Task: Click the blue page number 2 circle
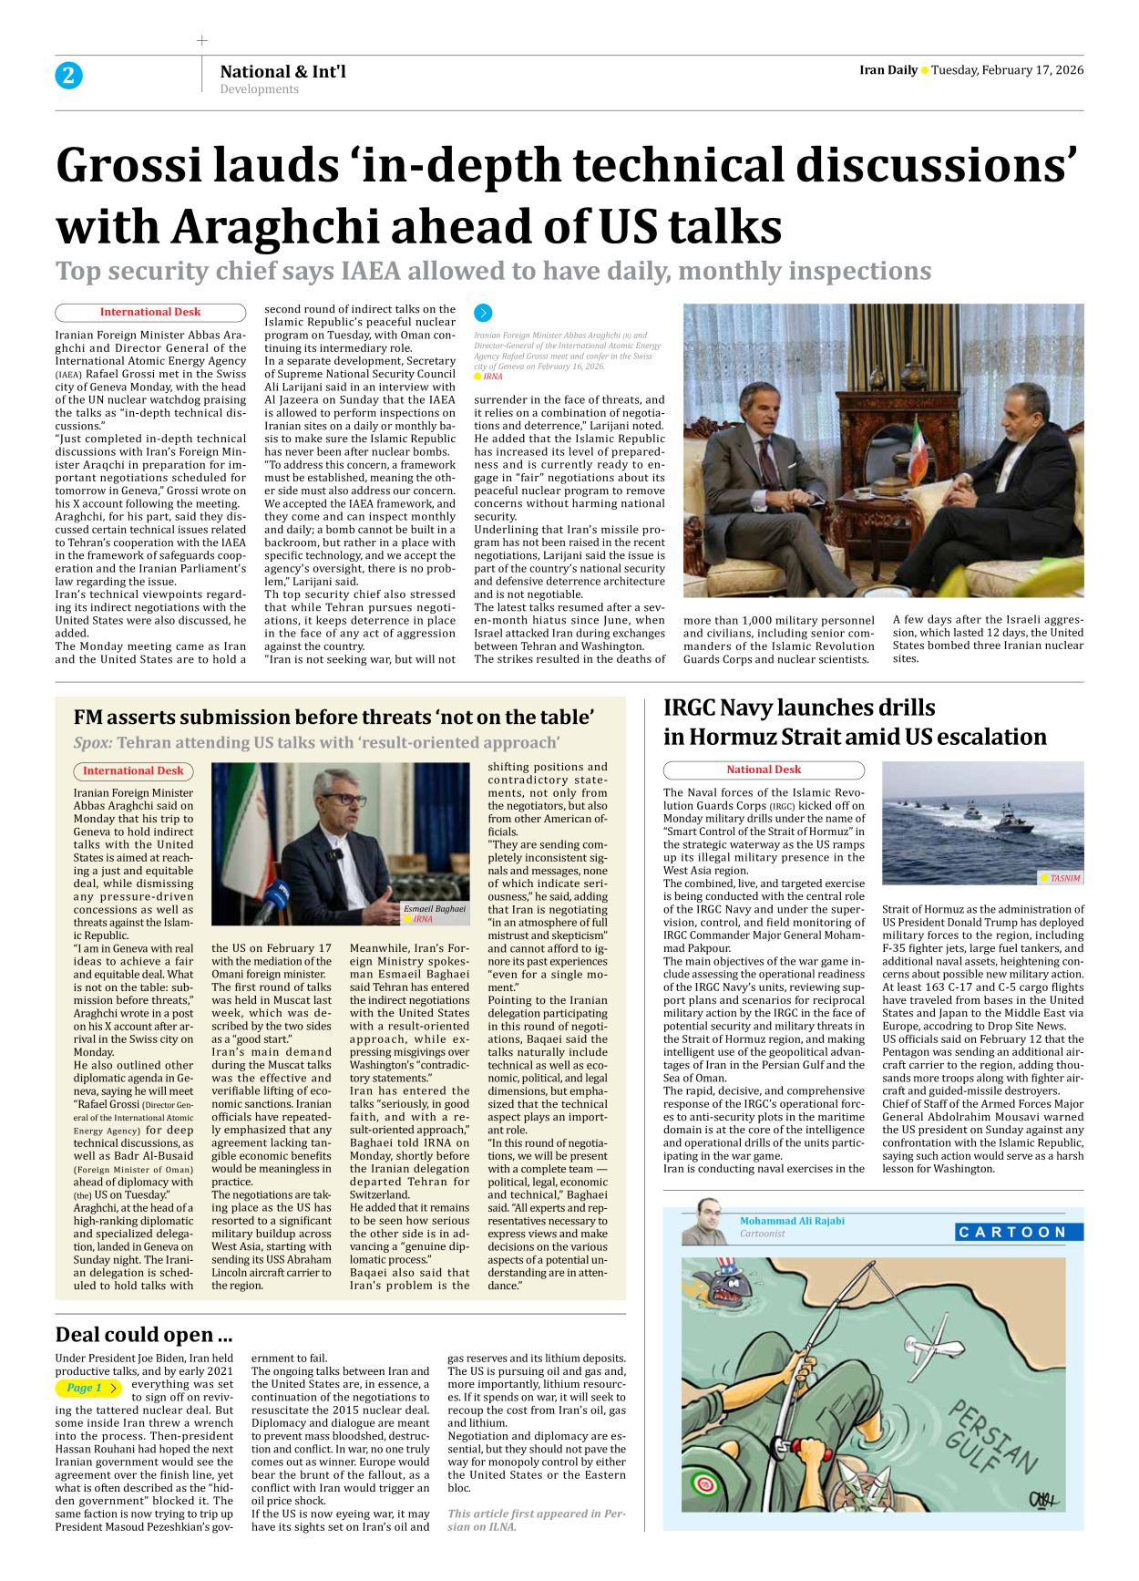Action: [x=68, y=76]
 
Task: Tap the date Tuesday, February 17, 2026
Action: [x=1007, y=70]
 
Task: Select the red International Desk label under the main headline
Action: [x=150, y=313]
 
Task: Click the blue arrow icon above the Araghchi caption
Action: [x=483, y=313]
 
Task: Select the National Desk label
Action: [x=764, y=770]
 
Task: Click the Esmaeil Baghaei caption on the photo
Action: [x=435, y=909]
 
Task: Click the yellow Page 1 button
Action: [x=87, y=1388]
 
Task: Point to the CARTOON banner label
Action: [x=1018, y=1232]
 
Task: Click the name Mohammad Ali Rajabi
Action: [x=792, y=1221]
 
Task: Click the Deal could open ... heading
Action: [x=143, y=1335]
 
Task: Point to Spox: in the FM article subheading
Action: [x=93, y=743]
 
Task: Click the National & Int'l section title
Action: [x=282, y=71]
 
